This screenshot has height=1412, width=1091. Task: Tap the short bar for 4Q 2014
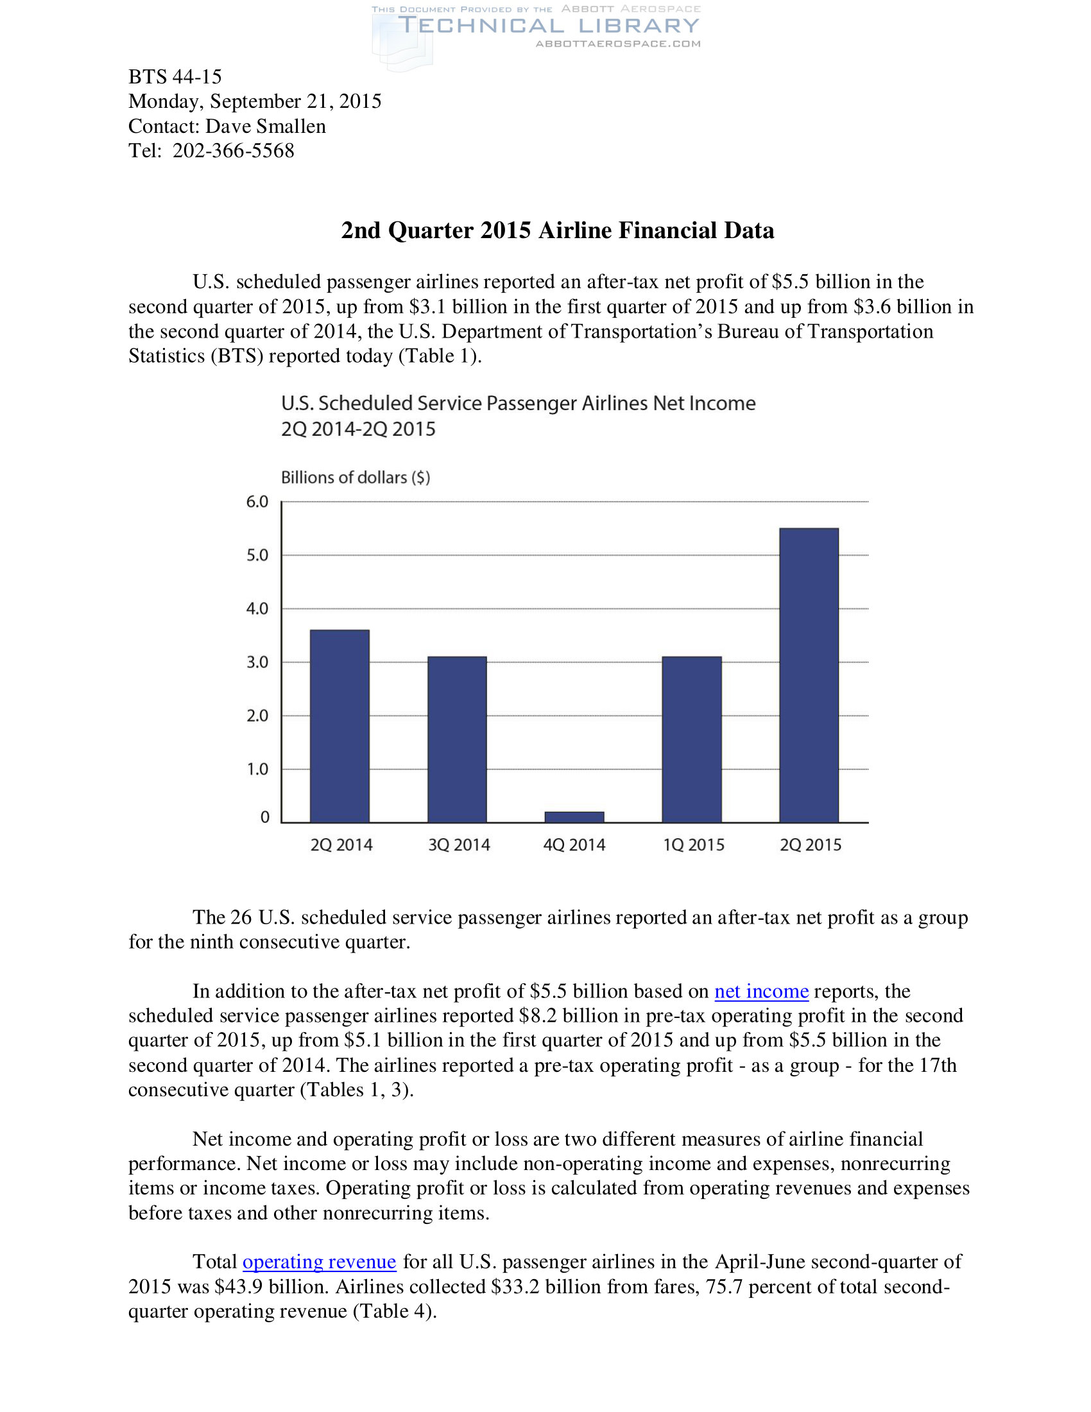(574, 816)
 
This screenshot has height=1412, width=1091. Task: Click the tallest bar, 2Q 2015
(809, 675)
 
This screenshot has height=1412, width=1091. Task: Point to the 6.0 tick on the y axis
(257, 502)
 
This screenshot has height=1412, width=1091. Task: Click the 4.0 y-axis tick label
(257, 608)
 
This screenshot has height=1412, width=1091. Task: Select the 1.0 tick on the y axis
(257, 769)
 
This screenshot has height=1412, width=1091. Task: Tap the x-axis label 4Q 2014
(574, 845)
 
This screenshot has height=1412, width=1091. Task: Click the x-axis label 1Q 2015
(694, 845)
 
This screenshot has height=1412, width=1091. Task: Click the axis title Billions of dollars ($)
(356, 477)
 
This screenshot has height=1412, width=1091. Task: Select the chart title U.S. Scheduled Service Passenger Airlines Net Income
(518, 404)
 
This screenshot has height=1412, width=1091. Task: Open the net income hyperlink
(761, 991)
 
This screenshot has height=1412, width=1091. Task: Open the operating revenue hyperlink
(320, 1261)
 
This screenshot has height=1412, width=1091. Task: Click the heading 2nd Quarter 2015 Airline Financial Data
(557, 230)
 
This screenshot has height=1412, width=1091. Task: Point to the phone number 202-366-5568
(234, 151)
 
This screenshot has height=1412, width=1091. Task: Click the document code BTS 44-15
(175, 77)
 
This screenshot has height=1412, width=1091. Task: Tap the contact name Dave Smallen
(266, 126)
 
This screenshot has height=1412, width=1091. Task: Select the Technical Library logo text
(549, 26)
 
